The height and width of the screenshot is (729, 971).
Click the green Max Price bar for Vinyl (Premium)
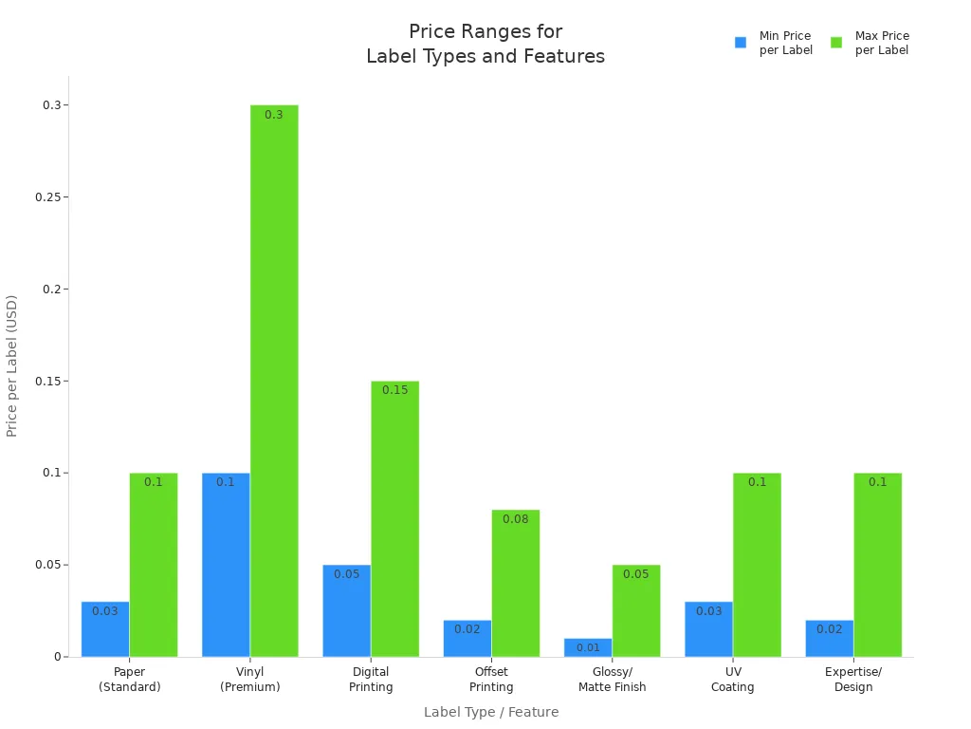(x=274, y=380)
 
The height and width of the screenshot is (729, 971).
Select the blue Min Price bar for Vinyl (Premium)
(x=226, y=565)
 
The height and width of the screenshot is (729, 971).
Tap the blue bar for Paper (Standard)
(x=105, y=629)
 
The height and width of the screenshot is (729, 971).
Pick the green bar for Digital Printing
(x=394, y=518)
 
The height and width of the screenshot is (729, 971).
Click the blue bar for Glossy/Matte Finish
(x=588, y=647)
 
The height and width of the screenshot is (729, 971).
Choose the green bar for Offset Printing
(x=515, y=583)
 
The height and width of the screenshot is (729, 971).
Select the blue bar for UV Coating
(x=708, y=629)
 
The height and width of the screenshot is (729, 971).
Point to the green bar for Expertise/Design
(x=877, y=565)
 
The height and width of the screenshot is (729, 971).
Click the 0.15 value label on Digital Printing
(x=394, y=390)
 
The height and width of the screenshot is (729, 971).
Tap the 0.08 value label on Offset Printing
(x=515, y=519)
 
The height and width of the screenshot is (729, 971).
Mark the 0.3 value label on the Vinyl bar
(x=273, y=115)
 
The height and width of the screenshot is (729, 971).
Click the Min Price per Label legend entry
(x=774, y=43)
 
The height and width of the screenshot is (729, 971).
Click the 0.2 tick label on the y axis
(x=51, y=289)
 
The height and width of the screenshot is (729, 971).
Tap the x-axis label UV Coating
(x=733, y=680)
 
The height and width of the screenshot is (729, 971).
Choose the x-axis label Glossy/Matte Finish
(x=612, y=680)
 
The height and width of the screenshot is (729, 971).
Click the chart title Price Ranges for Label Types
(x=485, y=45)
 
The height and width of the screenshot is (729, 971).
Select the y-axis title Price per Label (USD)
(x=12, y=365)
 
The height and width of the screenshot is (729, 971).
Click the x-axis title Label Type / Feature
(x=491, y=712)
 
